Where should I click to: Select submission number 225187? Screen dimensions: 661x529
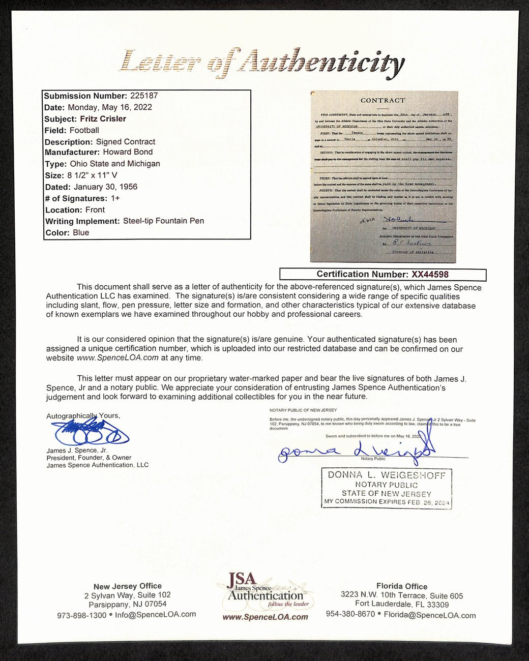pyautogui.click(x=144, y=96)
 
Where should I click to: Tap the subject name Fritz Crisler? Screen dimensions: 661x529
pyautogui.click(x=103, y=118)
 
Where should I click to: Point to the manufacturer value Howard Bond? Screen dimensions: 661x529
pyautogui.click(x=128, y=152)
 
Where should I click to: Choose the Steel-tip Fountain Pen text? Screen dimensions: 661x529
pyautogui.click(x=163, y=221)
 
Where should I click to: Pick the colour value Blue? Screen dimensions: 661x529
pyautogui.click(x=81, y=233)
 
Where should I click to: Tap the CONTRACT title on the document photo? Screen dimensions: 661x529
pyautogui.click(x=383, y=101)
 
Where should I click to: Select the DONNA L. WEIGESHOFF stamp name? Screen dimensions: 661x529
pyautogui.click(x=387, y=475)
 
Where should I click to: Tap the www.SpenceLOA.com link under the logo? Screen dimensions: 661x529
pyautogui.click(x=265, y=617)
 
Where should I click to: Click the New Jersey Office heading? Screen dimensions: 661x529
pyautogui.click(x=128, y=586)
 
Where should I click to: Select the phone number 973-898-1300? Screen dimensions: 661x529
pyautogui.click(x=81, y=615)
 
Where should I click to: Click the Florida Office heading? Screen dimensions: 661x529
pyautogui.click(x=402, y=586)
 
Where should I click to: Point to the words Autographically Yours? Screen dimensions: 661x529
pyautogui.click(x=83, y=416)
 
